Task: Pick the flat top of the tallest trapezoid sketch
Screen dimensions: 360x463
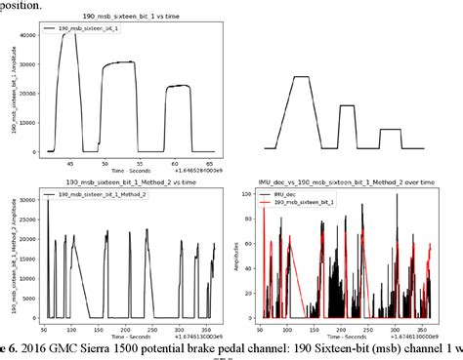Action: click(301, 77)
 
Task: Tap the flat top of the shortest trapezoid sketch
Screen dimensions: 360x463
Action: click(390, 129)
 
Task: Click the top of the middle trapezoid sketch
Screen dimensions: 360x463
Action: click(347, 105)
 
